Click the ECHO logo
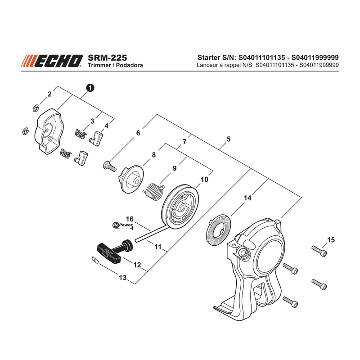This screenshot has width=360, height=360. (x=52, y=61)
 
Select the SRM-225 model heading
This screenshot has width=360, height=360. (x=107, y=58)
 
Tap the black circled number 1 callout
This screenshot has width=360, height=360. (x=90, y=88)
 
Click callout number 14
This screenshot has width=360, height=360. (x=247, y=198)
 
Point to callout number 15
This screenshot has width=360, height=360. (x=331, y=240)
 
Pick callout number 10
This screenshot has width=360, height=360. (x=204, y=180)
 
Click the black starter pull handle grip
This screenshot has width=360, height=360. (x=108, y=253)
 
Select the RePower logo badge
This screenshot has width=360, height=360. (x=123, y=225)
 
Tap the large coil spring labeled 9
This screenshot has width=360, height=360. (x=154, y=191)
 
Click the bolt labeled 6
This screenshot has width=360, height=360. (x=109, y=166)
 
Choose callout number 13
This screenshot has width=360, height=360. (x=123, y=278)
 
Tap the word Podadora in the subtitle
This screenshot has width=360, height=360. (x=129, y=65)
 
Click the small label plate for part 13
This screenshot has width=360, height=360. (x=94, y=260)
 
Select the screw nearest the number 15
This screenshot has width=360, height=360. (x=319, y=251)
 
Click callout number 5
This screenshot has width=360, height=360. (x=228, y=139)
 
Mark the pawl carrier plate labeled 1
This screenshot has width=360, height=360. (x=49, y=131)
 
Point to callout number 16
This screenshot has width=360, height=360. (x=130, y=219)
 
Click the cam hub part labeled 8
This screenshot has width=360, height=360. (x=130, y=180)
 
